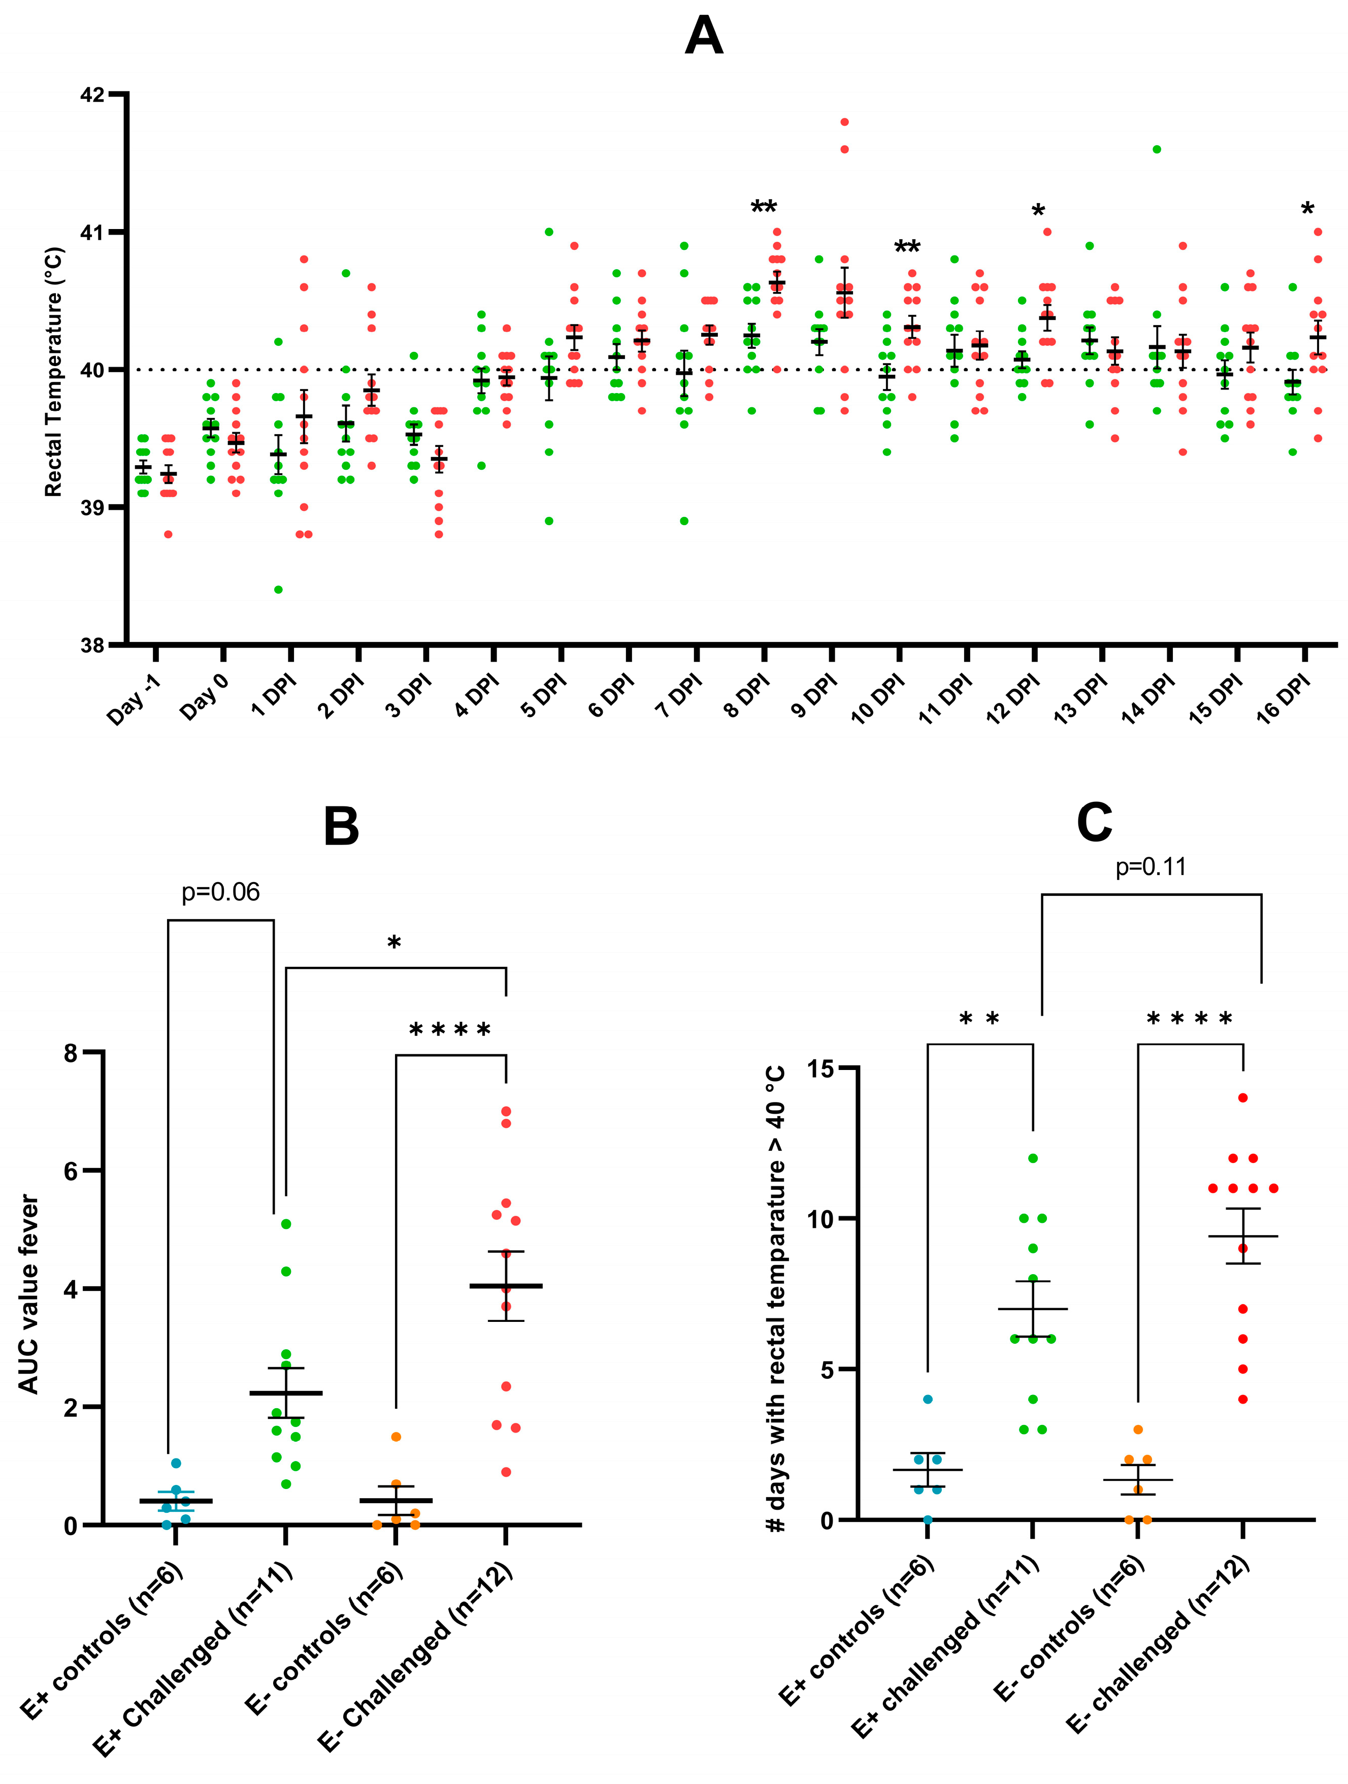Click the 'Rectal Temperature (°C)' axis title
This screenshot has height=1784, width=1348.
pos(53,372)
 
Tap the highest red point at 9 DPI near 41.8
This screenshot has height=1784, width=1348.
pos(844,122)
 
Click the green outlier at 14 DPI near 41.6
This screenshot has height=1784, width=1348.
pos(1156,150)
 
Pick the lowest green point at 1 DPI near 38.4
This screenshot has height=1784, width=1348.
pos(278,590)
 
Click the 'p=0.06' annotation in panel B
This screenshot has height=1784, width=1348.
pos(220,892)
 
